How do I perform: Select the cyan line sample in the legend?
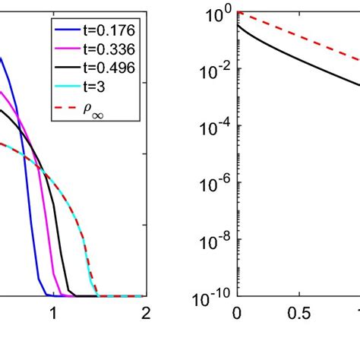point(64,93)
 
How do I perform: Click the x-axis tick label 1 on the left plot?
point(53,313)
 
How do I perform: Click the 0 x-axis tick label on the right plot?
point(237,313)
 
